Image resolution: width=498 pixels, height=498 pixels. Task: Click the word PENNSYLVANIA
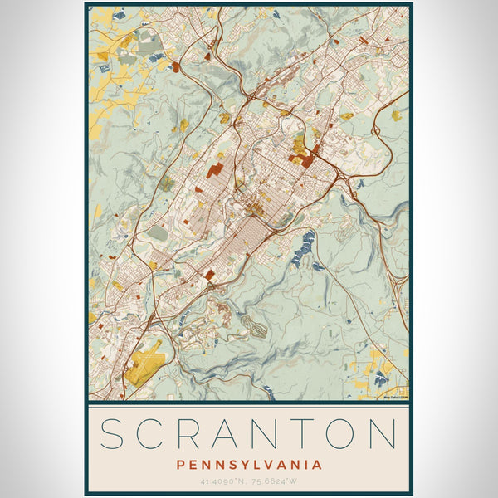(249, 465)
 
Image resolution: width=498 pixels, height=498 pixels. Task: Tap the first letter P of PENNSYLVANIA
(181, 465)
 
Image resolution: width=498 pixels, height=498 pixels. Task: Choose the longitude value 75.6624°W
(275, 481)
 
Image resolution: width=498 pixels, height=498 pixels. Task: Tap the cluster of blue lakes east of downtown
(304, 245)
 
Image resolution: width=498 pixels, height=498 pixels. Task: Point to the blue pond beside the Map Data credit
(380, 379)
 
